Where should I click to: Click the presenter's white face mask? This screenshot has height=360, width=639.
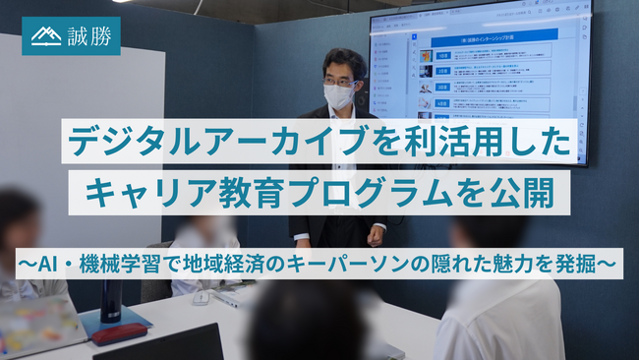(x=337, y=96)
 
